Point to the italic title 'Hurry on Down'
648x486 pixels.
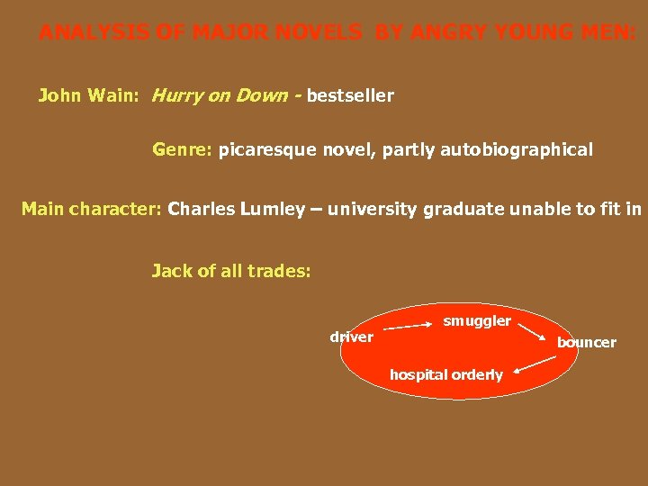[x=224, y=95]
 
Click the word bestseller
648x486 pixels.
[x=350, y=95]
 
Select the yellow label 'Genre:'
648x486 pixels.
[x=183, y=150]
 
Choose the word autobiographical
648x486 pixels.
[x=516, y=150]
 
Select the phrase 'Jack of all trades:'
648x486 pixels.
[x=230, y=270]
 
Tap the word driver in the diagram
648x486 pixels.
[x=351, y=337]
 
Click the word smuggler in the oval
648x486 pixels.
[x=477, y=321]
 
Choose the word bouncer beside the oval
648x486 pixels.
[x=586, y=342]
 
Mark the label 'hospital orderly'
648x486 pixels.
[x=446, y=374]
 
